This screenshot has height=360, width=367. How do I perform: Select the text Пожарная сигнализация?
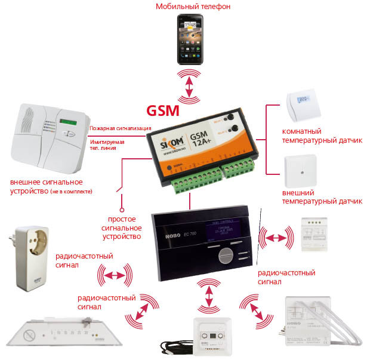(x=120, y=128)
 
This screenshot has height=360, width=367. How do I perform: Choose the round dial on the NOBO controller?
(x=222, y=256)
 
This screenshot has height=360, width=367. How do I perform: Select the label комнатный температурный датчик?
(x=322, y=136)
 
